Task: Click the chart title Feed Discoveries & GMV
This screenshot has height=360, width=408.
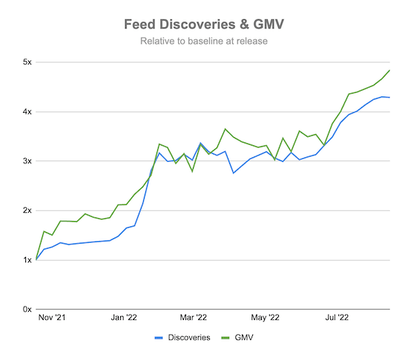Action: (204, 24)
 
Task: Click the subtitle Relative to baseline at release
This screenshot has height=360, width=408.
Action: (204, 41)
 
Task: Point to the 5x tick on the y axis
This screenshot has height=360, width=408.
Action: (26, 62)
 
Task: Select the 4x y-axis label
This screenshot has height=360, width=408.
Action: (26, 112)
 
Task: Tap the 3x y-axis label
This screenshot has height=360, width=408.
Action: (26, 161)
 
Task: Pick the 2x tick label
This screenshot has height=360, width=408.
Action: (26, 211)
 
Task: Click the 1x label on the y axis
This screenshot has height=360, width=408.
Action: (26, 260)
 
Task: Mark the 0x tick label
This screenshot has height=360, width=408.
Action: (26, 310)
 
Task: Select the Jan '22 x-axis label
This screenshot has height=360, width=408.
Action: (124, 318)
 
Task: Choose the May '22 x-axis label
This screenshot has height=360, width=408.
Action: (266, 318)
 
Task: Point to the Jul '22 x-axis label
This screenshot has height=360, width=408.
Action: (338, 318)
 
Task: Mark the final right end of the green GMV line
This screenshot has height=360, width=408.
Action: (389, 71)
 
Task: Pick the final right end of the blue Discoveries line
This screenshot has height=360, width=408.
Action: (389, 98)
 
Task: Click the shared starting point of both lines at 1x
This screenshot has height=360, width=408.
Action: (36, 260)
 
